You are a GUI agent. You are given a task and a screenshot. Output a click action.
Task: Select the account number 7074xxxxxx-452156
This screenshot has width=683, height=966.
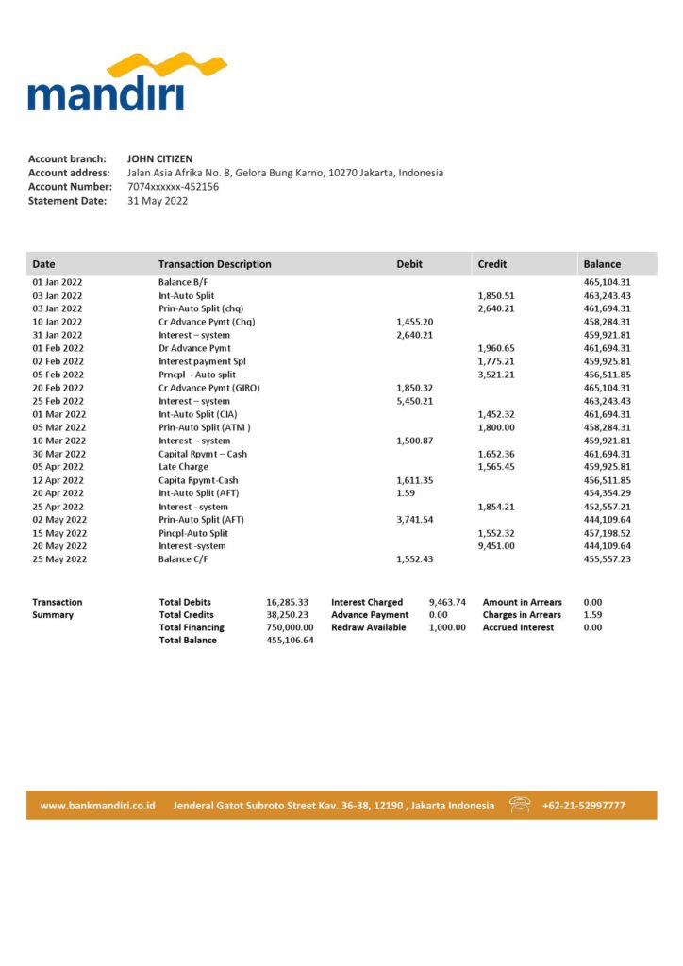coord(173,187)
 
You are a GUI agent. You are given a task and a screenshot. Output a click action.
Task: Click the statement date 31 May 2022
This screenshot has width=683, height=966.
coord(158,201)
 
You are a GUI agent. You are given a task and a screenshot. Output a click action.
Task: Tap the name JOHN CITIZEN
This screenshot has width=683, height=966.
coord(160,159)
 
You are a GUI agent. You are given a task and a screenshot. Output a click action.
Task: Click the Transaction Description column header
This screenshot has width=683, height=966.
coord(214,264)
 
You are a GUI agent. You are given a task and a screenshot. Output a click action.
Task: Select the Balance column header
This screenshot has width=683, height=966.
coord(602,264)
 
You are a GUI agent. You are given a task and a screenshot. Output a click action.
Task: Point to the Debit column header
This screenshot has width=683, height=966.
coord(409,264)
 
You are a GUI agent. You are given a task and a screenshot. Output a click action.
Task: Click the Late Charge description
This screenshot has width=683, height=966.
coord(183,467)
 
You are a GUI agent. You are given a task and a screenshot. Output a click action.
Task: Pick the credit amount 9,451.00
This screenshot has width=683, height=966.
coord(496,546)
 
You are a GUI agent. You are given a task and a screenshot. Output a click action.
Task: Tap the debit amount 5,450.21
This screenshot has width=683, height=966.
coord(415,401)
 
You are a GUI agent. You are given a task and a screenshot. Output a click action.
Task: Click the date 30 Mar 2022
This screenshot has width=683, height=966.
coord(58,454)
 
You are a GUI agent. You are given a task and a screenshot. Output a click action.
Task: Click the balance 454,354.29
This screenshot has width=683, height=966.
coord(607,493)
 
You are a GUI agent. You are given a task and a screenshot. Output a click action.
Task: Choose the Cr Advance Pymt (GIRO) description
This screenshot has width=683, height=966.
coord(208,388)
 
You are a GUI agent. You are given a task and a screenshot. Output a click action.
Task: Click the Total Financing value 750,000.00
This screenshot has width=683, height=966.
coord(290,627)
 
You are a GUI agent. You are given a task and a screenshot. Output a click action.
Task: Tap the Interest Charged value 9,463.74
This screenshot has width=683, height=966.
coord(447,602)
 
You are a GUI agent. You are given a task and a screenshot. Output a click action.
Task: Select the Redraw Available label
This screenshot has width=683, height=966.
coord(369,627)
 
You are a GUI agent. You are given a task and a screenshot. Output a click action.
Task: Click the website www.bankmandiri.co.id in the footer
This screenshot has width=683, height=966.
coord(97,806)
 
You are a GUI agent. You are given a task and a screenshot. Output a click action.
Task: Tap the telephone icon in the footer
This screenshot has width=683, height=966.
coord(520,805)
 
